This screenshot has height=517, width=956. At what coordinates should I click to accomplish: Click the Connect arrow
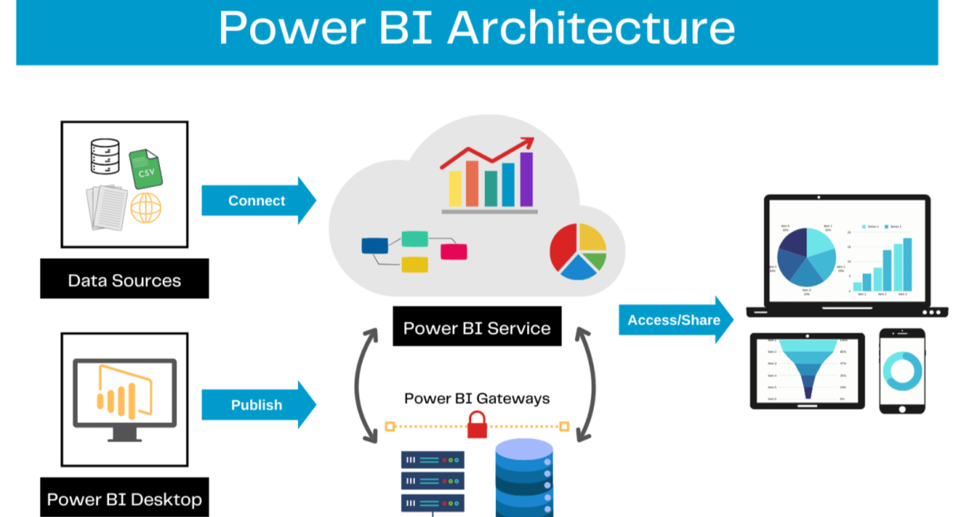coord(257,200)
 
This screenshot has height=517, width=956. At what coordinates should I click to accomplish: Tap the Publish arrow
coord(257,405)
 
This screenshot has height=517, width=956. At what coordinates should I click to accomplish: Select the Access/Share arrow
coord(674,320)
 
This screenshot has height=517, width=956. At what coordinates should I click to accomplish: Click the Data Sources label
coord(124,280)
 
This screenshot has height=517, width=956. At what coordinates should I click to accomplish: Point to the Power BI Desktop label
coord(124,499)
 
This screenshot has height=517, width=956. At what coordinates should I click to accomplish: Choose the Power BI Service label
coord(477,327)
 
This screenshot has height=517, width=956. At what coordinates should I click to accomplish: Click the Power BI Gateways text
coord(477,398)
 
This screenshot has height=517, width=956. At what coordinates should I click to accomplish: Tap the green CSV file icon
coord(146,169)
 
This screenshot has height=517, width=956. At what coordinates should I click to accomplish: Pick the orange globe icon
coord(146,208)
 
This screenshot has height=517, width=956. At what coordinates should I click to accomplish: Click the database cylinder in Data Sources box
coord(105,156)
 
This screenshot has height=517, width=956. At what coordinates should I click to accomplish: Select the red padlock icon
coord(477,426)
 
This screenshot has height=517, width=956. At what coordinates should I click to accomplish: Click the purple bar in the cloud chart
coord(527,179)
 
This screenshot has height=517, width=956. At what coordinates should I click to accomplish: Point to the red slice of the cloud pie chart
coord(564,249)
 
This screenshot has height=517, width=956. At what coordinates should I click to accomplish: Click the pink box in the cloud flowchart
coord(454,251)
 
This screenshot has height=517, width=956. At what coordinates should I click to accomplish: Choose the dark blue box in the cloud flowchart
coord(375,246)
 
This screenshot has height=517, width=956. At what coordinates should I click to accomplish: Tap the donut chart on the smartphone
coord(902,371)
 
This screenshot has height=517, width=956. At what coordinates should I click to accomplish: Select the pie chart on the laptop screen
coord(806,257)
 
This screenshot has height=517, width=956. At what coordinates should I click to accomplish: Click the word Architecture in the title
coord(591,29)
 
